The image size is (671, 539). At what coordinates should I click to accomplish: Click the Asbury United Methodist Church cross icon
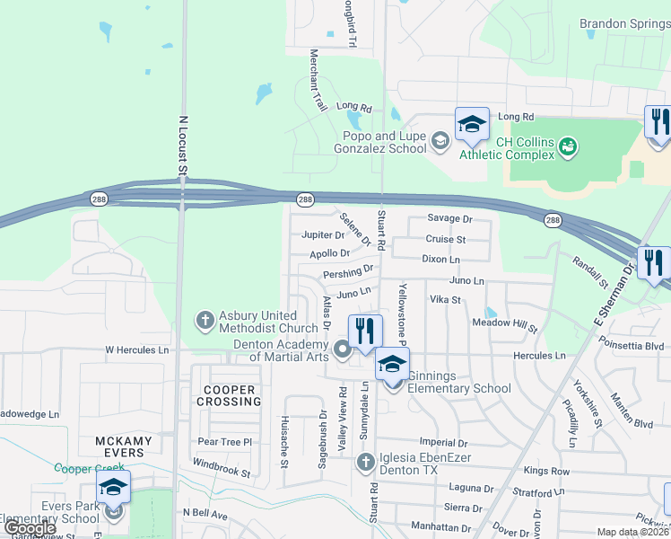[x=205, y=319]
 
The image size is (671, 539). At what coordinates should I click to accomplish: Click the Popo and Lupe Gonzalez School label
[x=384, y=142]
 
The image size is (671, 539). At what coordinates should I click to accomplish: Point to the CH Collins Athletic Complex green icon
[x=566, y=145]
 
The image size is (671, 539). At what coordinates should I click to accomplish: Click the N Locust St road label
[x=183, y=144]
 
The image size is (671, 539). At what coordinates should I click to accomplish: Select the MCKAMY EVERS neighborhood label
[x=119, y=446]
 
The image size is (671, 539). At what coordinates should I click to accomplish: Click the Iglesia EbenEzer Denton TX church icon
[x=365, y=463]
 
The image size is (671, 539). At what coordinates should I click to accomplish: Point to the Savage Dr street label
[x=449, y=219]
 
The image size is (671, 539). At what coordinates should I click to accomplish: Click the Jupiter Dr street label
[x=323, y=235]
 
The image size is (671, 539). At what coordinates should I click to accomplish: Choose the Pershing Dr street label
[x=347, y=271]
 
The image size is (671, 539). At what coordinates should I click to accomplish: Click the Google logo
[x=30, y=528]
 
